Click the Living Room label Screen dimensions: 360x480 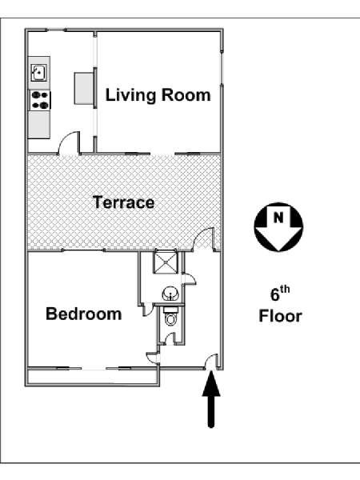click(158, 95)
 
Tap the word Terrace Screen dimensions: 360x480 click(123, 202)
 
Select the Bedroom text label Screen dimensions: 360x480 click(83, 314)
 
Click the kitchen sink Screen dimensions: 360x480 click(39, 73)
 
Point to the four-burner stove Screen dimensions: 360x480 click(40, 101)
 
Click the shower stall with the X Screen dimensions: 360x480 click(166, 262)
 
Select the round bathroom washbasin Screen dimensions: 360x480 click(170, 294)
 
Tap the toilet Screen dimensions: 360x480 click(171, 317)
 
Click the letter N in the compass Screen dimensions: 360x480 click(278, 218)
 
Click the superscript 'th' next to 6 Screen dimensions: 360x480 click(284, 289)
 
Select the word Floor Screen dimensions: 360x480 click(281, 316)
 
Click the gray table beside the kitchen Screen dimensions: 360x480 click(84, 88)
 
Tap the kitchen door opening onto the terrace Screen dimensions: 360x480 click(70, 142)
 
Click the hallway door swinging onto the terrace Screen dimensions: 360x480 click(204, 239)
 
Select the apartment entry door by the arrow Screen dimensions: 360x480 click(211, 362)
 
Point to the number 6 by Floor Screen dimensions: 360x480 click(275, 295)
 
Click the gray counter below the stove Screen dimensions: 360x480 click(39, 125)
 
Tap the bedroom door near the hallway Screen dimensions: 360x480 click(152, 358)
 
